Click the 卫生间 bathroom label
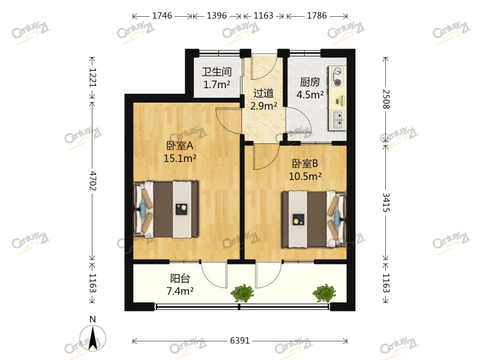coord(217,72)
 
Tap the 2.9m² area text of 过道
coord(263,106)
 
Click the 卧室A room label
coord(179,145)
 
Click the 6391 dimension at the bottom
coord(239,341)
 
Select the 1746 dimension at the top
coord(163,16)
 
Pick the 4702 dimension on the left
coord(92,180)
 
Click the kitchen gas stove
coord(338,76)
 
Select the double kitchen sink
coord(338,120)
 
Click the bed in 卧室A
coord(166,209)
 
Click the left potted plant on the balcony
coord(242,293)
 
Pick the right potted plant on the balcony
coord(324,293)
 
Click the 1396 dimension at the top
coord(217,16)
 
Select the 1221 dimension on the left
coord(92,77)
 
